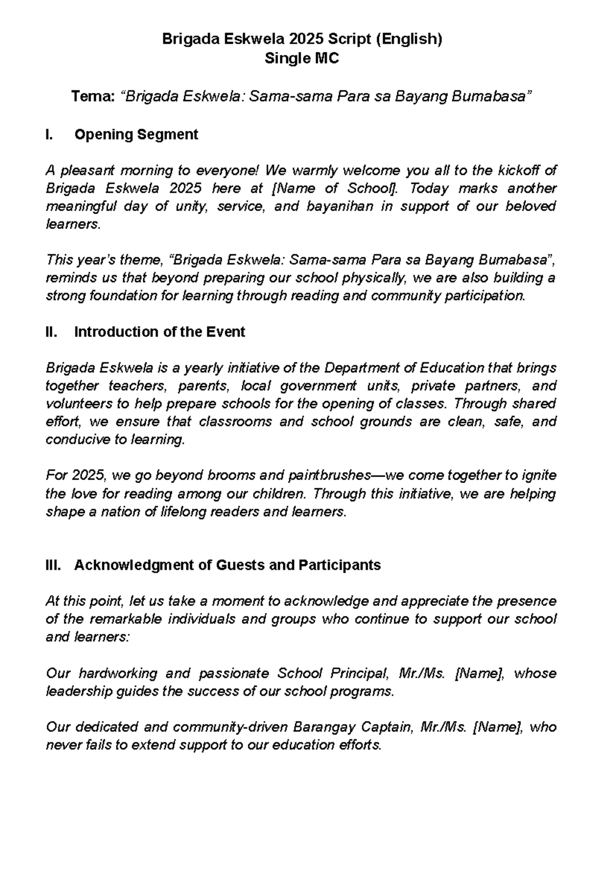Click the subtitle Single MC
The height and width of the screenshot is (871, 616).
click(x=302, y=59)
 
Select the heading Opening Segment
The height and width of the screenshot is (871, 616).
click(x=136, y=135)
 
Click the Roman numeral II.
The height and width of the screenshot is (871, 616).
click(x=51, y=332)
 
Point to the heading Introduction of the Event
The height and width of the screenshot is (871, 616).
click(x=160, y=332)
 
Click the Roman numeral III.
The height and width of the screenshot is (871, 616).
click(x=53, y=565)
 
